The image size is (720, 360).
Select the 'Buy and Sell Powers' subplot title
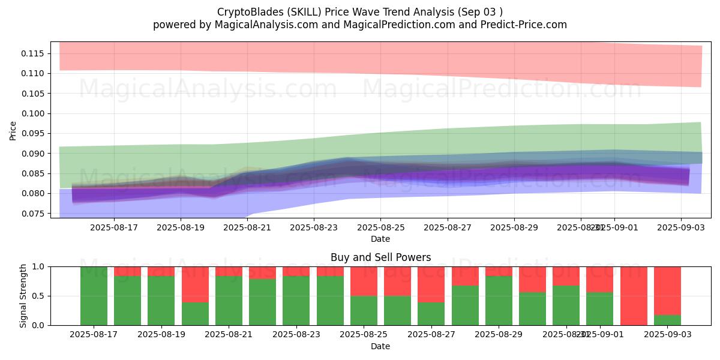point(380,257)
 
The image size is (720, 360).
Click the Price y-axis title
point(13,130)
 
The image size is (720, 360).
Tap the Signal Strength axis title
point(23,296)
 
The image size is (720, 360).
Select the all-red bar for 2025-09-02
point(634,296)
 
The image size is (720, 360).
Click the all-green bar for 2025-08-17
point(94,296)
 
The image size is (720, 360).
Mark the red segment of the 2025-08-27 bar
point(431,284)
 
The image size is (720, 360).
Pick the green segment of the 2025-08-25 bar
point(364,310)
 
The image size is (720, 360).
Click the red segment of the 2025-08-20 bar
point(195,284)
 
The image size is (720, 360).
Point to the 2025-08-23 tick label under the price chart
point(313,228)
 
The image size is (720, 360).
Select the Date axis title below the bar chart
point(380,346)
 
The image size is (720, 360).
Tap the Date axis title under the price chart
point(380,239)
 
